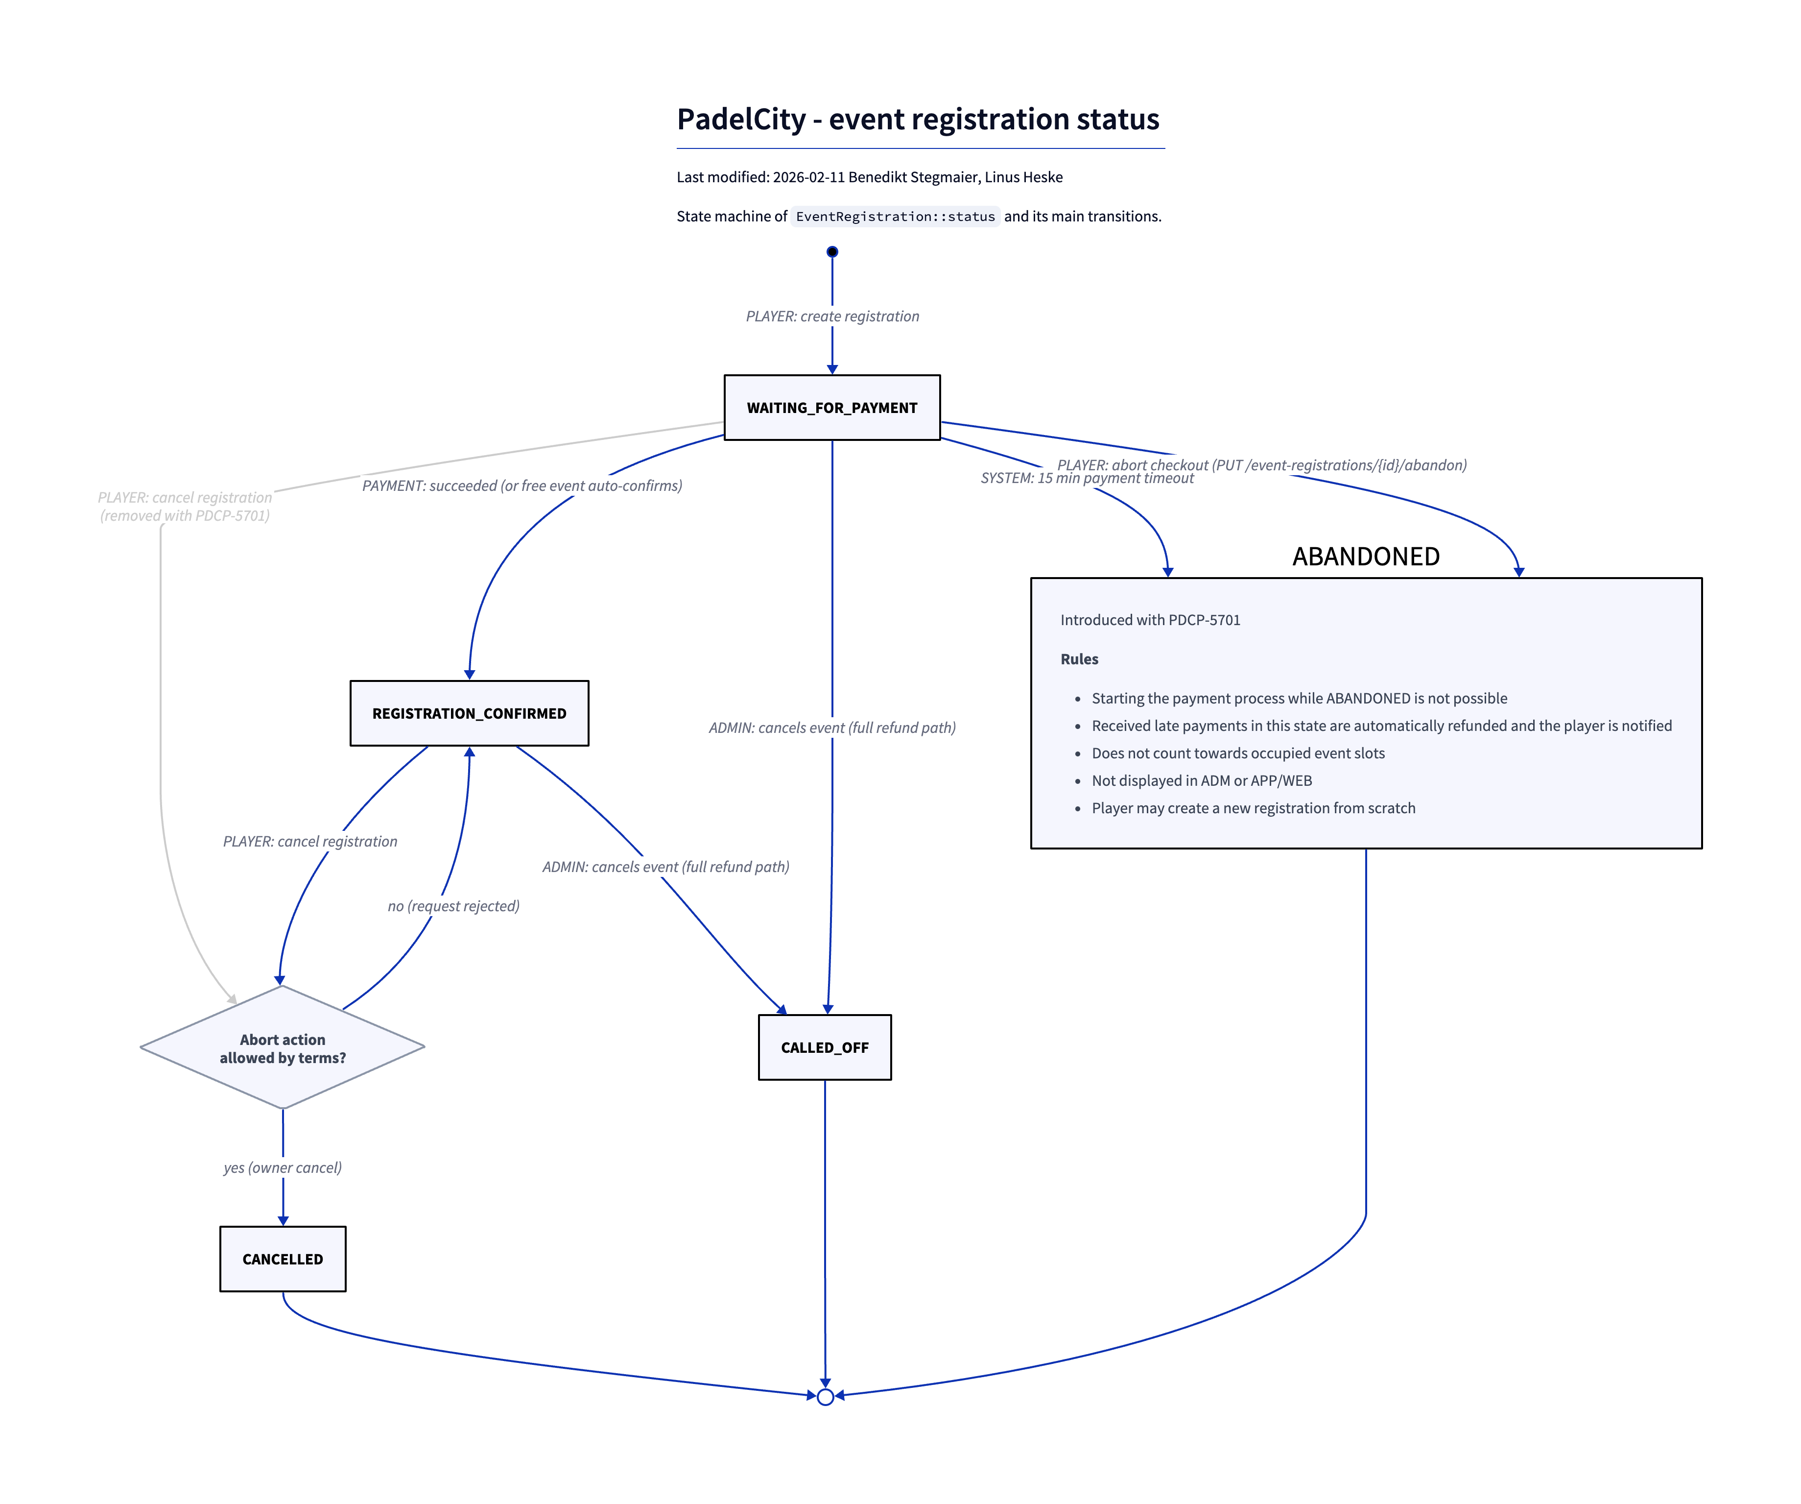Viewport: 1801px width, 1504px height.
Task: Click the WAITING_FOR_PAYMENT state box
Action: pos(832,408)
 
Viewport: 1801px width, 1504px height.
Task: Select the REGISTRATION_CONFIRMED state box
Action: pos(469,713)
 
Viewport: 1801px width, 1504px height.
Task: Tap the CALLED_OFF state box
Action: pos(824,1047)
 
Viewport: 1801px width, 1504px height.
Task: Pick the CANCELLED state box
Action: pos(283,1259)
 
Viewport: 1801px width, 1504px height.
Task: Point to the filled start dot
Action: pos(832,251)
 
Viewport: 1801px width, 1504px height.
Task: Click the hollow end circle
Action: pos(825,1397)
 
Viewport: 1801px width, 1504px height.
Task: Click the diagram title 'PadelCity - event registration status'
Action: pos(918,119)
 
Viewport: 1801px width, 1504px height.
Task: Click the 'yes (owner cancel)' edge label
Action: pos(283,1167)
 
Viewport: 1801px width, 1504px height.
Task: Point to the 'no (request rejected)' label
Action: pos(454,906)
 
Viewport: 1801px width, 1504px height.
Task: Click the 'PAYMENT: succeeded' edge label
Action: pos(521,485)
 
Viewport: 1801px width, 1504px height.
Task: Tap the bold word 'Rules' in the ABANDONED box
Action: pos(1079,659)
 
